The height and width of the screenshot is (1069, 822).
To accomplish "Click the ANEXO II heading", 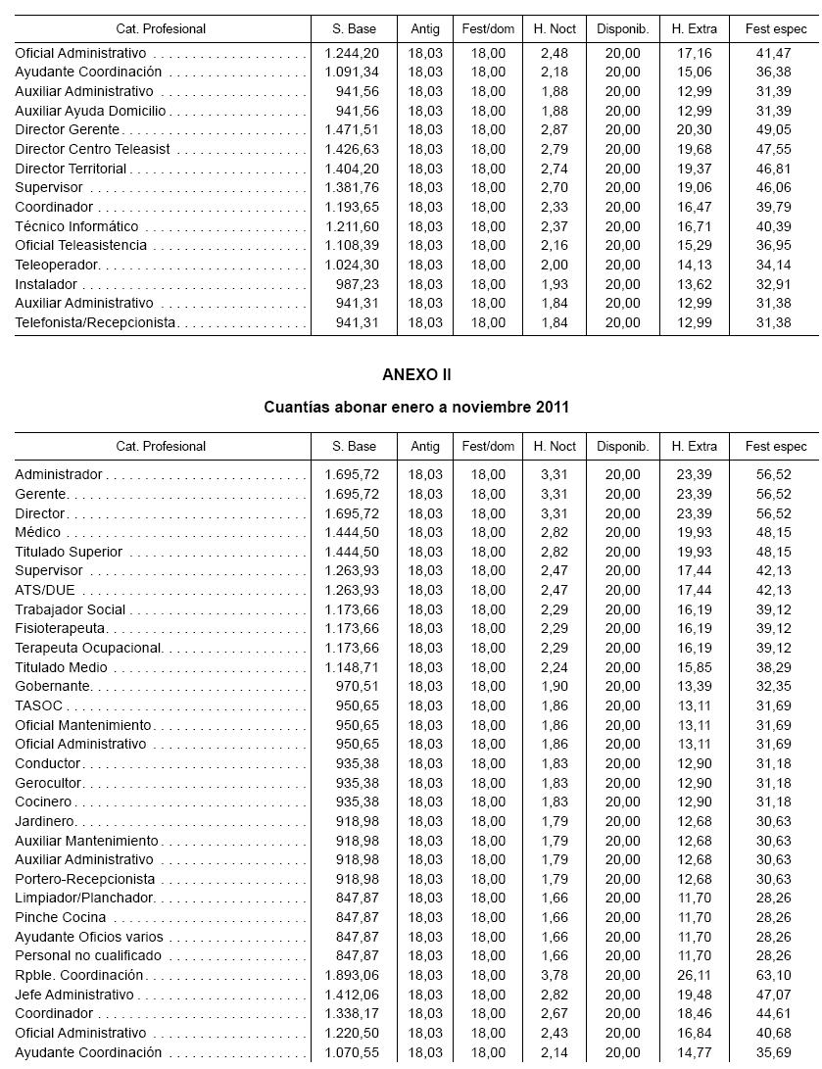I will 416,375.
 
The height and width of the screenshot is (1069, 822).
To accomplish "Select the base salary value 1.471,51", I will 352,130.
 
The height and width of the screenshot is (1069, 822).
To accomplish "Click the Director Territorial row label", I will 71,169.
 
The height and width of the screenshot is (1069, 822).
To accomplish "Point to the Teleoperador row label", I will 57,265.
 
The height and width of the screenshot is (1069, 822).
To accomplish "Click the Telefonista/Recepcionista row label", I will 95,322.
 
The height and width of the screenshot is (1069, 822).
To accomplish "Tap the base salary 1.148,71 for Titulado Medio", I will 352,667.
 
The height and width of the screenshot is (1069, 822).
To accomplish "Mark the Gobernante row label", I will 53,687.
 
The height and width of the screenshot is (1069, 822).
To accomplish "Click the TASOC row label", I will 38,705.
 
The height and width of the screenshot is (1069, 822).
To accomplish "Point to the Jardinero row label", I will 45,821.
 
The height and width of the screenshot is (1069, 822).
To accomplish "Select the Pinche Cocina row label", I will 61,917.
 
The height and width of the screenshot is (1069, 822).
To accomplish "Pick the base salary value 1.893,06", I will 352,975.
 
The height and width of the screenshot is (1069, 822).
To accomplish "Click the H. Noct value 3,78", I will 555,975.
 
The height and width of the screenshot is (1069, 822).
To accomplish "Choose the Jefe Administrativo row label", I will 73,995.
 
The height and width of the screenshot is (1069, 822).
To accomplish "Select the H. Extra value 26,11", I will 695,975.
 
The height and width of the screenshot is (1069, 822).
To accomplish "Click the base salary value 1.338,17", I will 352,1013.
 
